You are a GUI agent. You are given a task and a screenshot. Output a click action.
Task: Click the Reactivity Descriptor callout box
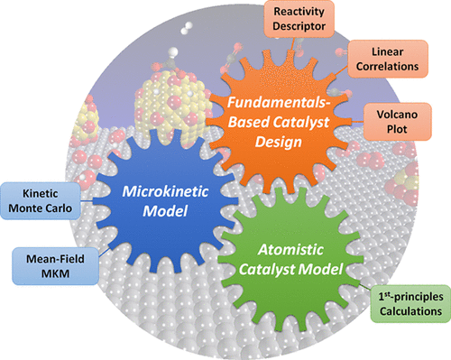point(299,19)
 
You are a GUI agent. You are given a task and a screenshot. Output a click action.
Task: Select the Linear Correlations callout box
point(388,59)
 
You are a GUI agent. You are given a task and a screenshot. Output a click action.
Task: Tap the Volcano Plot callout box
point(397,122)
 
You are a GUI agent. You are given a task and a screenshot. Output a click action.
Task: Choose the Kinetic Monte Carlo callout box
point(41,200)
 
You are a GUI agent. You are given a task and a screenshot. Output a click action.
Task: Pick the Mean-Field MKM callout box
point(55,266)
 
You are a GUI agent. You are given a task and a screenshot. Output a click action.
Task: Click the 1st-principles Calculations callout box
point(410,304)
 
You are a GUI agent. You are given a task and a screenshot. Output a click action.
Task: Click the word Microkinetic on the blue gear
point(165,191)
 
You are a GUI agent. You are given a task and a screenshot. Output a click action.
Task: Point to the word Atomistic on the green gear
point(290,250)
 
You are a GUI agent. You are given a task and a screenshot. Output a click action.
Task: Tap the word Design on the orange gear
point(279,142)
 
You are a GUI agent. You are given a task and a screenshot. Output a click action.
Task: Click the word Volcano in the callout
point(397,115)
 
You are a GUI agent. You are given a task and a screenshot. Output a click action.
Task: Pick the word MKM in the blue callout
point(55,273)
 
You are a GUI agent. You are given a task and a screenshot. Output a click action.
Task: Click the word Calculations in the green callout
point(410,311)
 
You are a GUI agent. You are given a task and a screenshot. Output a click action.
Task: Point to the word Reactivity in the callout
point(299,12)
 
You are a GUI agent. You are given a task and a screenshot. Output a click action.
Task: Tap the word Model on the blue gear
point(165,211)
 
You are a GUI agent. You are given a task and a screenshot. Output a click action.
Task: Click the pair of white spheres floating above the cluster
point(187,28)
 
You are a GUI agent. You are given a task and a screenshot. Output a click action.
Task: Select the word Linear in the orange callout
point(388,51)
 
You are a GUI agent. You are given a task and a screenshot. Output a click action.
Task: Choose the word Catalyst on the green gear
point(268,270)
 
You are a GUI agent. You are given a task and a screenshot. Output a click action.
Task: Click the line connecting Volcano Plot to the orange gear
point(357,122)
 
